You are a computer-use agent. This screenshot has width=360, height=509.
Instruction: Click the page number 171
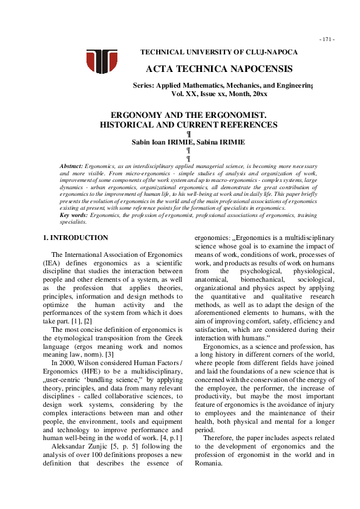327,39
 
